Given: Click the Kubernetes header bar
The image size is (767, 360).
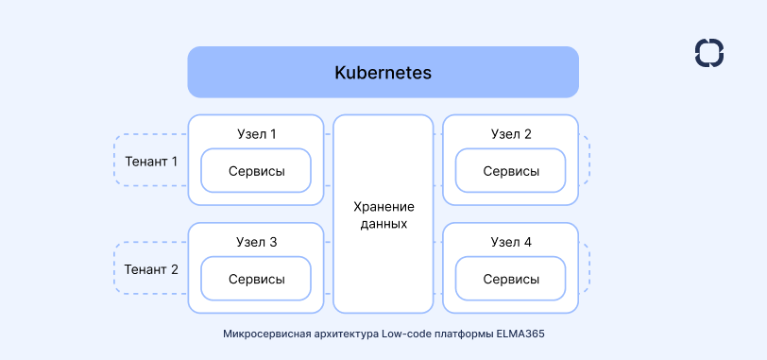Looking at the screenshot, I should click(x=383, y=72).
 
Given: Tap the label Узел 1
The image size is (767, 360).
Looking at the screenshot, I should click(x=256, y=134).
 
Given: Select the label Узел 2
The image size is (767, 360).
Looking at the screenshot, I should click(x=511, y=134).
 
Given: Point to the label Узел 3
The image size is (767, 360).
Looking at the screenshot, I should click(x=256, y=242).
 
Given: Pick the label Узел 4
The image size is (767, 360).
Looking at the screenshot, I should click(x=511, y=242).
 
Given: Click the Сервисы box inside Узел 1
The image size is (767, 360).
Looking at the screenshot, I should click(x=256, y=171).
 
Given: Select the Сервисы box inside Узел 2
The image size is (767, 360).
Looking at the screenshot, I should click(x=511, y=171).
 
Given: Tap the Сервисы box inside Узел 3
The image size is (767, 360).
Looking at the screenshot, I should click(x=256, y=280).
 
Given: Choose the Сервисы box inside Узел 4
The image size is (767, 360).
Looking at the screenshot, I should click(x=511, y=280).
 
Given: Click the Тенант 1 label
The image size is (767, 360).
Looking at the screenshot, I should click(x=151, y=161).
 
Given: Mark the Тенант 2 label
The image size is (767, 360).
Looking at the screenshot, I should click(x=151, y=269).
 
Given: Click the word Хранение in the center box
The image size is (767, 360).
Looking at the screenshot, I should click(x=383, y=206).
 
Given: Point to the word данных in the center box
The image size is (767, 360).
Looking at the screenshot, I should click(x=383, y=224).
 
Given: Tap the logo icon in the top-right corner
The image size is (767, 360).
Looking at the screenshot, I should click(x=708, y=53).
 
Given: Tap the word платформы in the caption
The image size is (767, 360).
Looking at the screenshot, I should click(x=464, y=334).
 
